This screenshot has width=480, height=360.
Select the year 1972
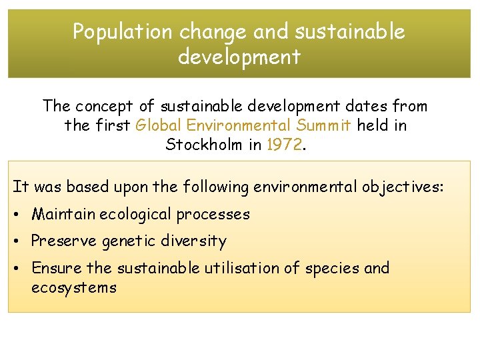click(x=283, y=145)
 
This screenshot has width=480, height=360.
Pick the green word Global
click(x=158, y=125)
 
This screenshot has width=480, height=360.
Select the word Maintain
click(x=65, y=215)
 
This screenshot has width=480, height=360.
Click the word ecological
click(x=137, y=215)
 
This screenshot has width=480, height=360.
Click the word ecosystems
click(x=73, y=288)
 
